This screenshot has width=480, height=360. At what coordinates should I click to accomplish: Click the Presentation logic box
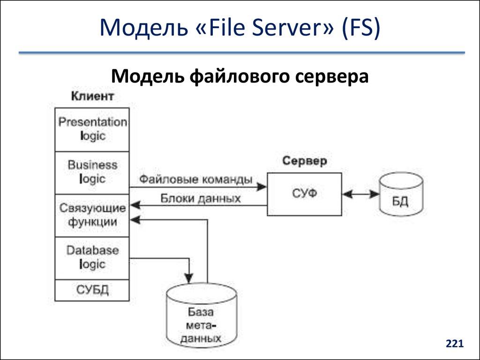coord(92,129)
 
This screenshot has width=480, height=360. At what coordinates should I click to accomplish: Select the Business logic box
coord(92,172)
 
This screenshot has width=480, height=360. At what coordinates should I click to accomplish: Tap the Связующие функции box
coord(92,215)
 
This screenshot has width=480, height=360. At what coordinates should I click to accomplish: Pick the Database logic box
coord(92,258)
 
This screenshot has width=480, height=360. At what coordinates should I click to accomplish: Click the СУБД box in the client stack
coord(92,290)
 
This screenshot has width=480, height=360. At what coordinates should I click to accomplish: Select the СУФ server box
coord(304,194)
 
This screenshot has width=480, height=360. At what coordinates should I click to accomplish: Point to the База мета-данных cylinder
coord(202,317)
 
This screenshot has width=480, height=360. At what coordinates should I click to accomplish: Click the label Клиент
coord(92,97)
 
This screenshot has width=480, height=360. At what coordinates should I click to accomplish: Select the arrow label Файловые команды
coord(195,179)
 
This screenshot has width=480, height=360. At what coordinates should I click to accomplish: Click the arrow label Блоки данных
coord(201,198)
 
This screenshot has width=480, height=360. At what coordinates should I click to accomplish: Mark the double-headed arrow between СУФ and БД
coord(360,193)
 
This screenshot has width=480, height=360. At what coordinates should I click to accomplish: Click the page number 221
coord(454,345)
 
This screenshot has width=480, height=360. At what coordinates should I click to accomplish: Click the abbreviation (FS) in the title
coord(360,29)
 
